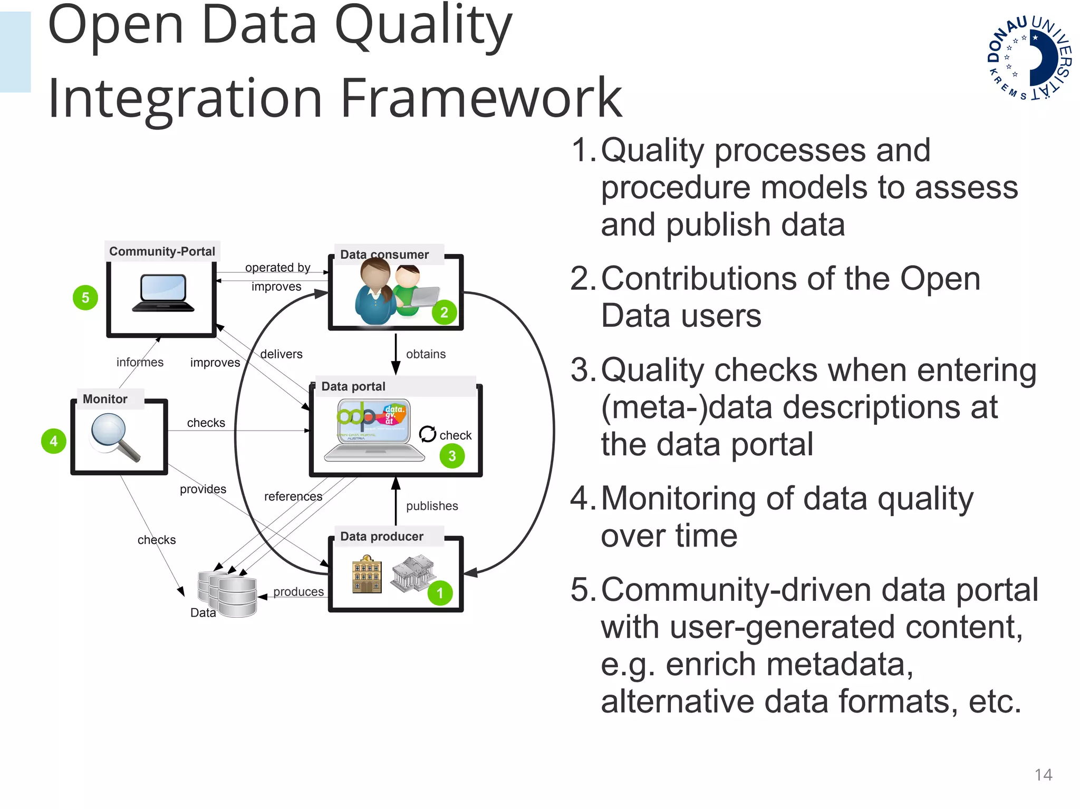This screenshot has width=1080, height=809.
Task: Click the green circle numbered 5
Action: (x=85, y=298)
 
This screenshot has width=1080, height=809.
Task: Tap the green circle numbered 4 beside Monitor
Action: (x=53, y=441)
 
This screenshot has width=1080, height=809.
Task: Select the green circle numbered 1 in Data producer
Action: (x=440, y=593)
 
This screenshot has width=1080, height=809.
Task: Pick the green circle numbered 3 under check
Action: (x=452, y=456)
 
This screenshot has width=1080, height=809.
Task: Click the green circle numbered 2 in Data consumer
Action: (x=444, y=312)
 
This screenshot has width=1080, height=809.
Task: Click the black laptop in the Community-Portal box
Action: (x=163, y=293)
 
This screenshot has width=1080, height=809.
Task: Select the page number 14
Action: (x=1043, y=774)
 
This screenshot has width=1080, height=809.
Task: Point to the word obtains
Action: (x=426, y=354)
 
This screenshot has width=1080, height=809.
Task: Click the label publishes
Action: (x=432, y=506)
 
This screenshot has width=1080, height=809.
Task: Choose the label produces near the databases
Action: (x=298, y=592)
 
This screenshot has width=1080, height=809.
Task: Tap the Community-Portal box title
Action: (x=162, y=251)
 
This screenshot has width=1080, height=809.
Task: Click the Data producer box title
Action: (x=382, y=537)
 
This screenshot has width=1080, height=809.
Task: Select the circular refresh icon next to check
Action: (x=427, y=434)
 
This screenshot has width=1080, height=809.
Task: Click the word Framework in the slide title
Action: (x=481, y=98)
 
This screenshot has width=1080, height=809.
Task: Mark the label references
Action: (x=293, y=496)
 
